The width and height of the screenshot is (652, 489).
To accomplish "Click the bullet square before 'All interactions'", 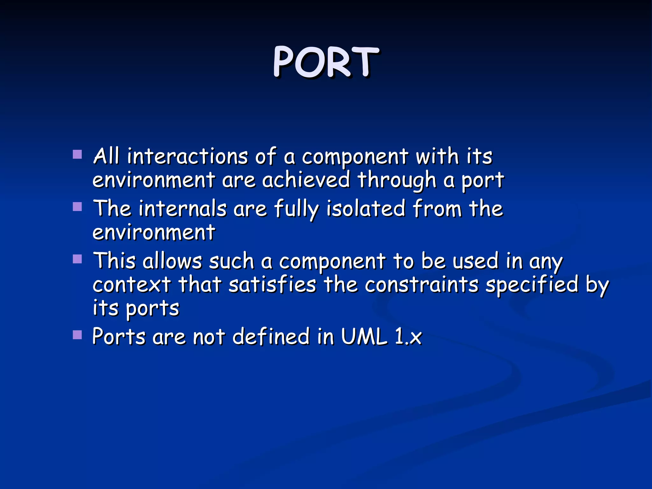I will (x=77, y=155).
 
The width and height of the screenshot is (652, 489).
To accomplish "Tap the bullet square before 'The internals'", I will (x=77, y=207).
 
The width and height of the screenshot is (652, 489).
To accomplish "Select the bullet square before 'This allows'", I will (x=77, y=259).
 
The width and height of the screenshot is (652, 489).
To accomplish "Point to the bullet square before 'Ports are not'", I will (x=77, y=335).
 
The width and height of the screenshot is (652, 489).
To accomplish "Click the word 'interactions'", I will (x=188, y=156).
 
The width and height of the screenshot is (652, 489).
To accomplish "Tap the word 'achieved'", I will (x=306, y=180).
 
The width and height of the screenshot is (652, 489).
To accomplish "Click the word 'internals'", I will (x=183, y=209).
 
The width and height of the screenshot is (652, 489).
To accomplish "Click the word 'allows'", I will (x=172, y=261).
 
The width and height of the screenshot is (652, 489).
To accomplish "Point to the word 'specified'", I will (x=532, y=285).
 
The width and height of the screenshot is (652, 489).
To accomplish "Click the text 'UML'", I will (x=364, y=336).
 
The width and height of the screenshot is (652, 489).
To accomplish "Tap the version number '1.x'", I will (x=408, y=336).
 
